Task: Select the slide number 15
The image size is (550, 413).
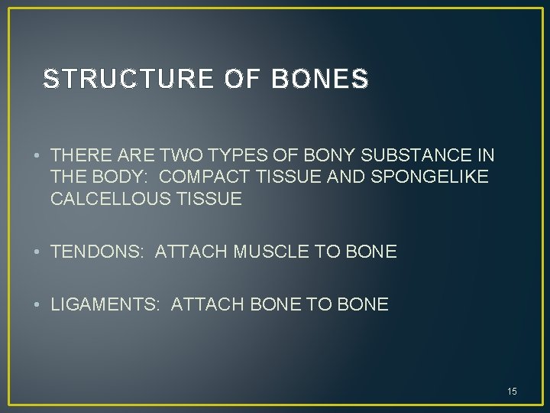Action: click(x=512, y=392)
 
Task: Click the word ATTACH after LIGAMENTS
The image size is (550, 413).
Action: click(x=203, y=305)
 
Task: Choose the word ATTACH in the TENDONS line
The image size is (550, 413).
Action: click(x=187, y=252)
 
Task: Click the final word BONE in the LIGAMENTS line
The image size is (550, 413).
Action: click(x=364, y=305)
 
